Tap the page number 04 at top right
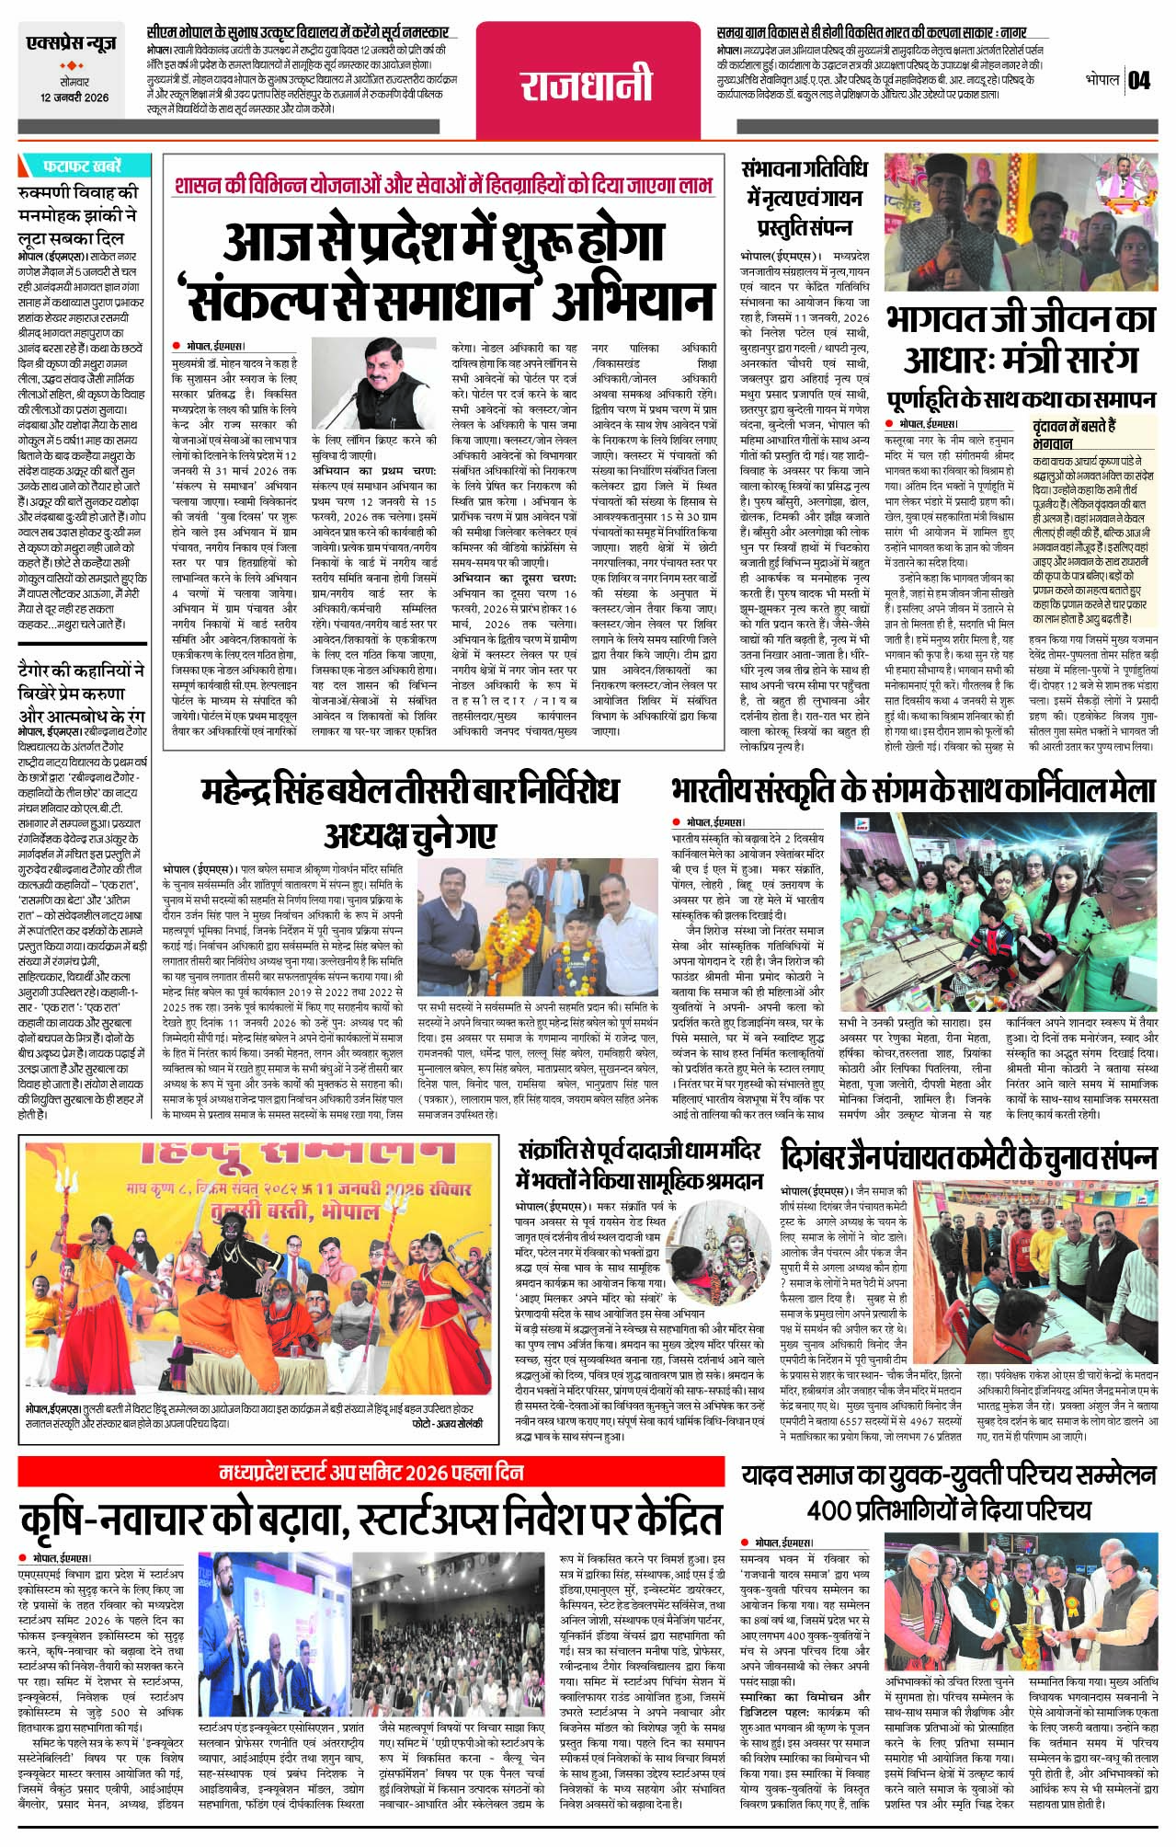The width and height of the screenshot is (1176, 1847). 1138,81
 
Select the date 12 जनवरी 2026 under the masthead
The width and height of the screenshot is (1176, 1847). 74,98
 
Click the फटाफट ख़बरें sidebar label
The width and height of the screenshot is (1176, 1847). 82,166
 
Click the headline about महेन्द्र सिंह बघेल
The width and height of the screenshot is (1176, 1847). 410,811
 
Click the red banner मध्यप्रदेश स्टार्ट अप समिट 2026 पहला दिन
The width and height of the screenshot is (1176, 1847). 371,1473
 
